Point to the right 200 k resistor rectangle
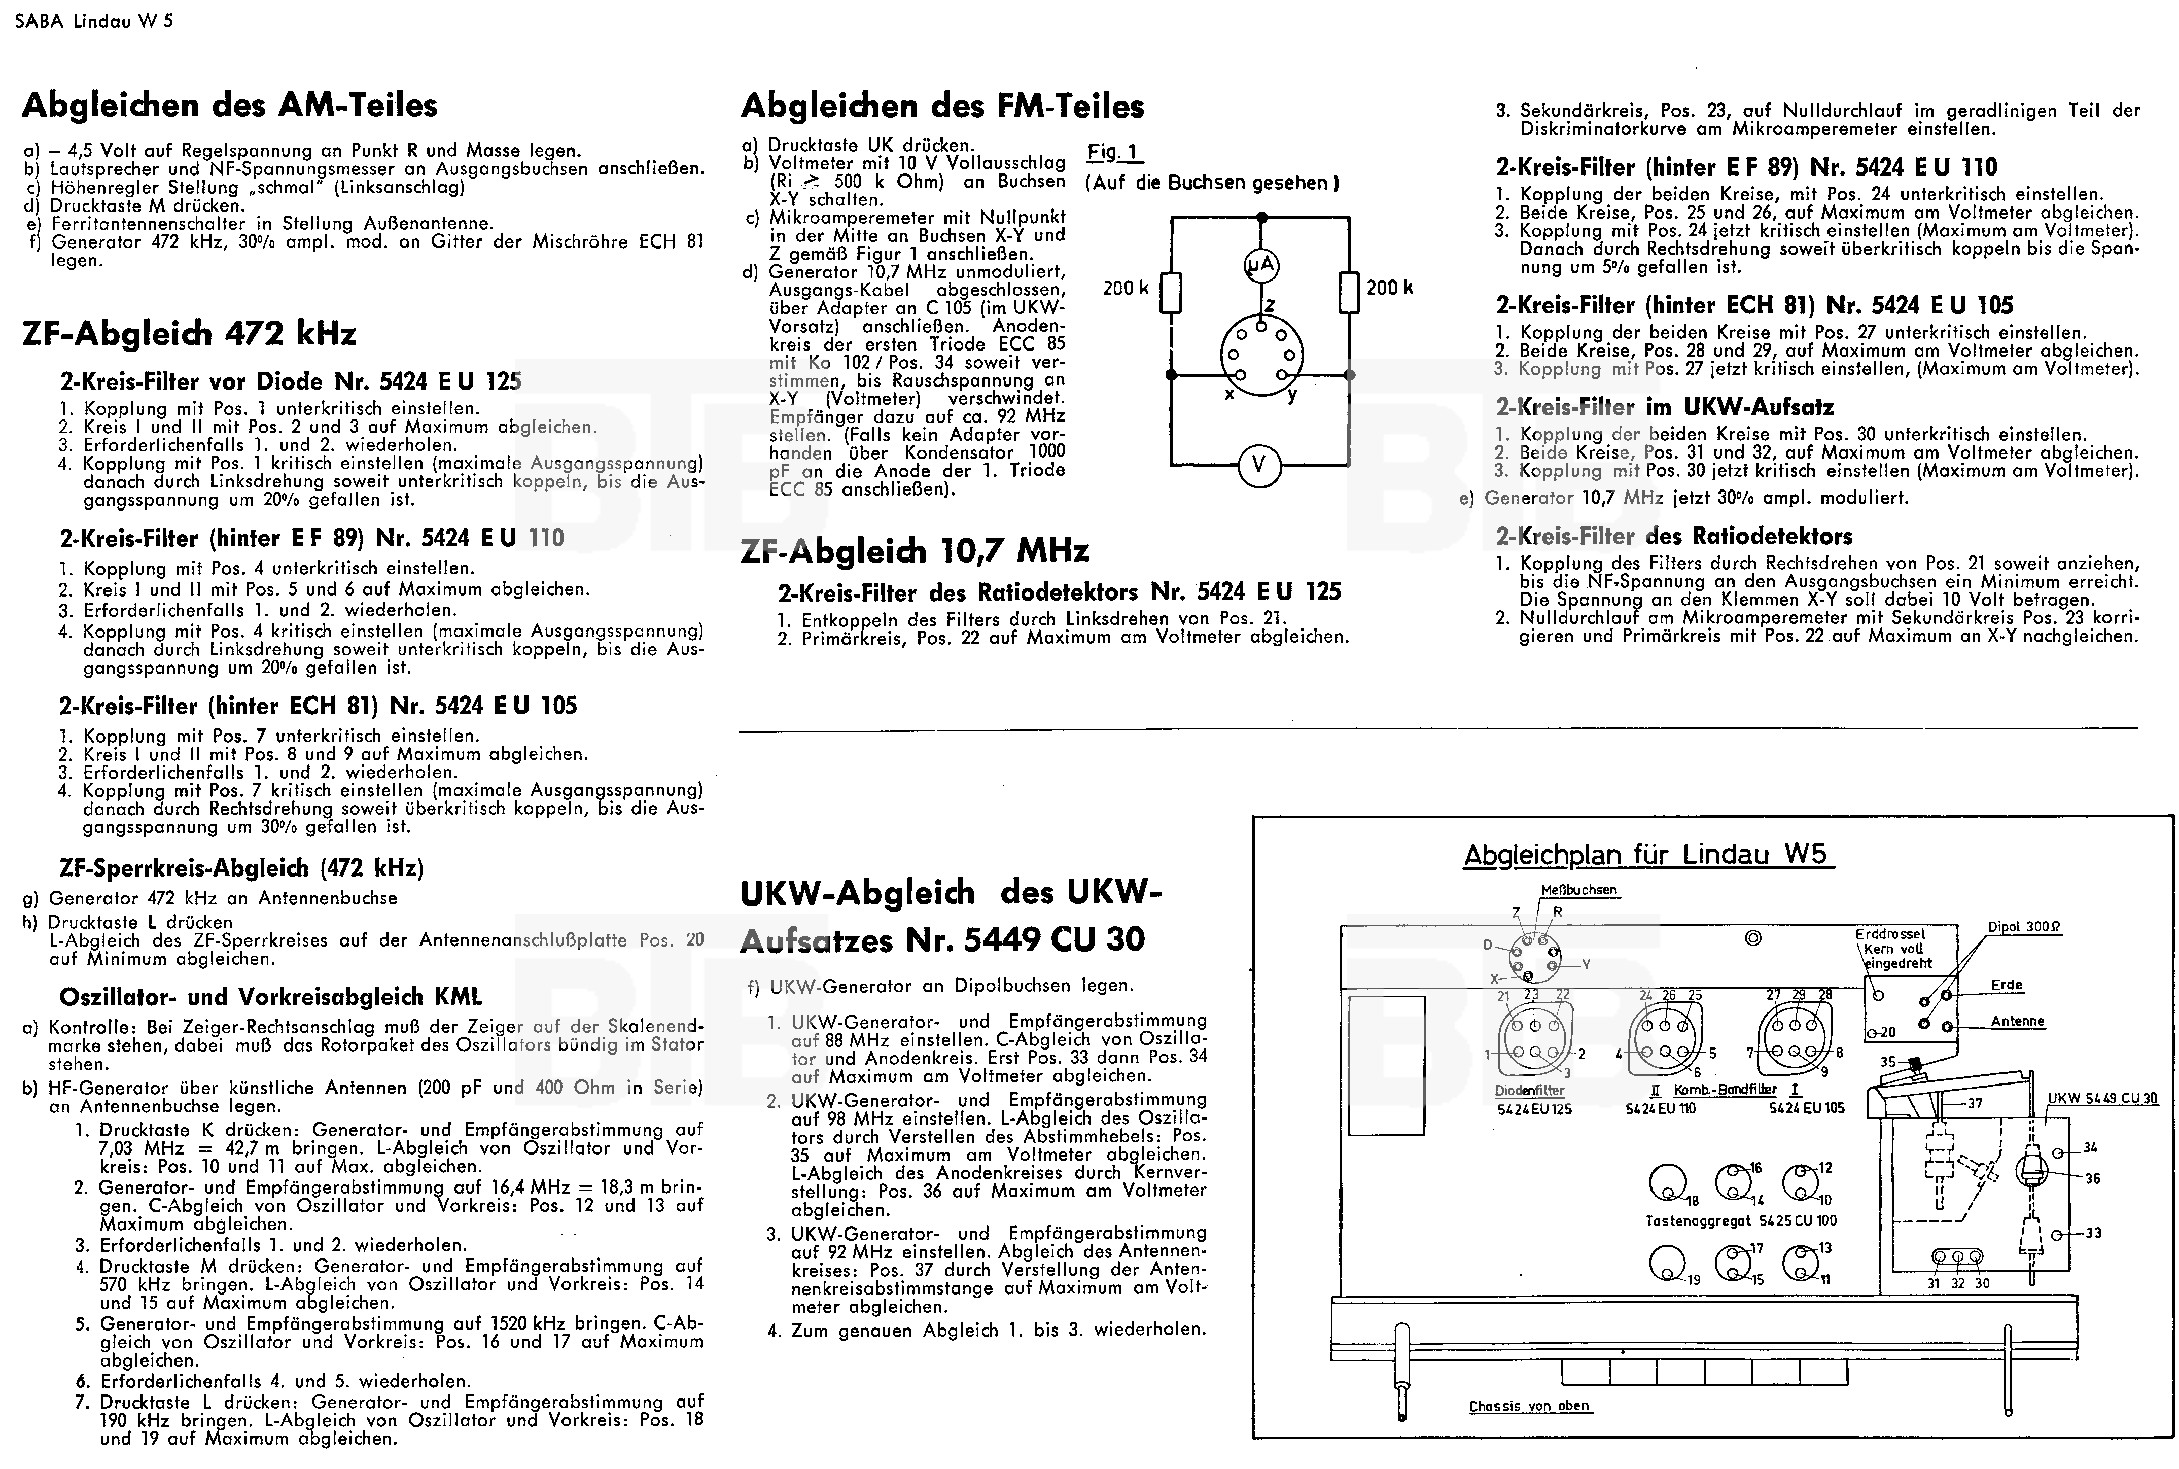tap(1349, 291)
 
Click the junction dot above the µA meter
tap(1261, 217)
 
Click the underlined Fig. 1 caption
tap(1115, 152)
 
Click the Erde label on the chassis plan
tap(2007, 985)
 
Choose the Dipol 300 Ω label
tap(2023, 927)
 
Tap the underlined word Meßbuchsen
tap(1578, 890)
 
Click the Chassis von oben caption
tap(1529, 1406)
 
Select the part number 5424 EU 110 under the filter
tap(1661, 1108)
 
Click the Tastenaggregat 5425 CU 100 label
tap(1741, 1221)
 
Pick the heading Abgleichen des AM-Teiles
tap(230, 105)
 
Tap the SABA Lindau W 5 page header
tap(94, 21)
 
